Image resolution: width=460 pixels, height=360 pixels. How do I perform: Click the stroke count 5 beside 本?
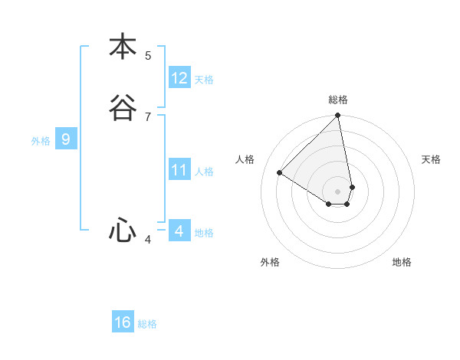coord(148,55)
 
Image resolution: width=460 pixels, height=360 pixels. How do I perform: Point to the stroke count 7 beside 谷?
coord(148,116)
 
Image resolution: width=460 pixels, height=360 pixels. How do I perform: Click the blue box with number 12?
coord(179,78)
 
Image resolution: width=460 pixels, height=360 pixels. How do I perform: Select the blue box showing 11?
coord(179,170)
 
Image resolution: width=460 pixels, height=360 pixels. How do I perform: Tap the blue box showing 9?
coord(66,139)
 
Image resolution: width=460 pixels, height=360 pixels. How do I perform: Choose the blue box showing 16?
coord(123,322)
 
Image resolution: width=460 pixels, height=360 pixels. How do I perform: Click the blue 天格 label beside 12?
coord(204,80)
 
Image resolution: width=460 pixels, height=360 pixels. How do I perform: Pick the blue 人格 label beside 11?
coord(204,172)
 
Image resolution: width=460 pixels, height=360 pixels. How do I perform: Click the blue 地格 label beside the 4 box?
coord(204,233)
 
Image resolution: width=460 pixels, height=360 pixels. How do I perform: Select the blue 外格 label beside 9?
coord(41,141)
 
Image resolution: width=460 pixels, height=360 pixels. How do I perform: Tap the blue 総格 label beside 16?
coord(147,324)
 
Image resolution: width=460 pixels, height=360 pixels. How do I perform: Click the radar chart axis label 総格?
coord(338,100)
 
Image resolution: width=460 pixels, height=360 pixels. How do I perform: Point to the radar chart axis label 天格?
coord(432,159)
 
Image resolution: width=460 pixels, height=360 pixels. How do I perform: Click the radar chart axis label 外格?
coord(270,262)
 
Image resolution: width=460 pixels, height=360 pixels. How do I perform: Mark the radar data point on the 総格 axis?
coord(338,116)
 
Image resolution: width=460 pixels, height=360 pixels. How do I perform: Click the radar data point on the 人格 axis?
coord(280,172)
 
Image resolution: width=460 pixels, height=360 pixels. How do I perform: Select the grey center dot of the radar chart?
coord(338,191)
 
